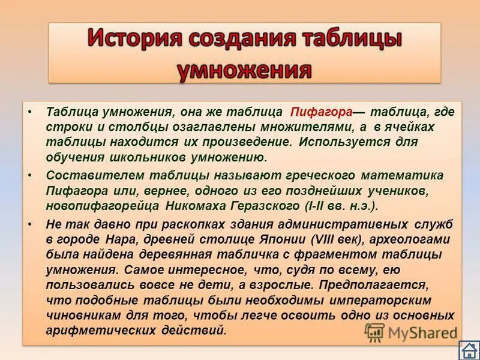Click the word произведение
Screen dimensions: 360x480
pos(241,143)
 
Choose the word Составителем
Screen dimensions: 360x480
pos(87,175)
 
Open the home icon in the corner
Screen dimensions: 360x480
pos(467,350)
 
